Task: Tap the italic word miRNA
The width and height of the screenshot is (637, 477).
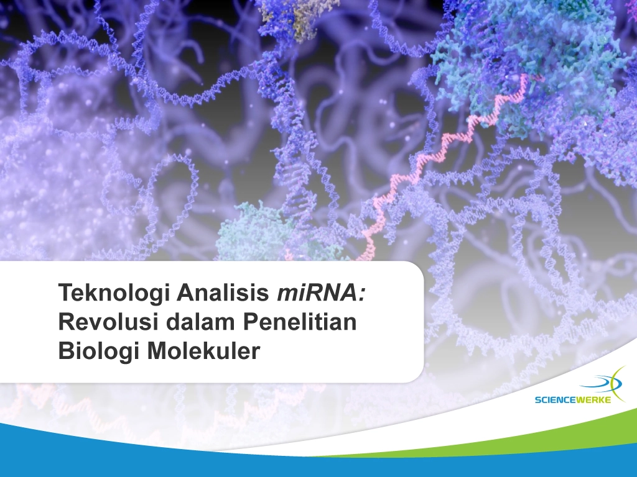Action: pos(317,293)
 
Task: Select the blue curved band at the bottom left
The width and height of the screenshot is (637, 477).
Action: pos(162,450)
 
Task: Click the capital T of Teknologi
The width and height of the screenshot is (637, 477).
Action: pos(66,293)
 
